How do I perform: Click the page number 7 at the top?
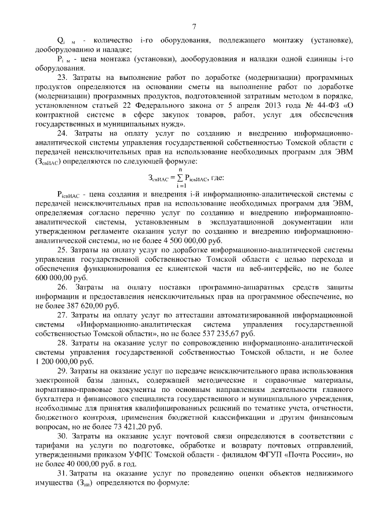[x=194, y=26]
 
